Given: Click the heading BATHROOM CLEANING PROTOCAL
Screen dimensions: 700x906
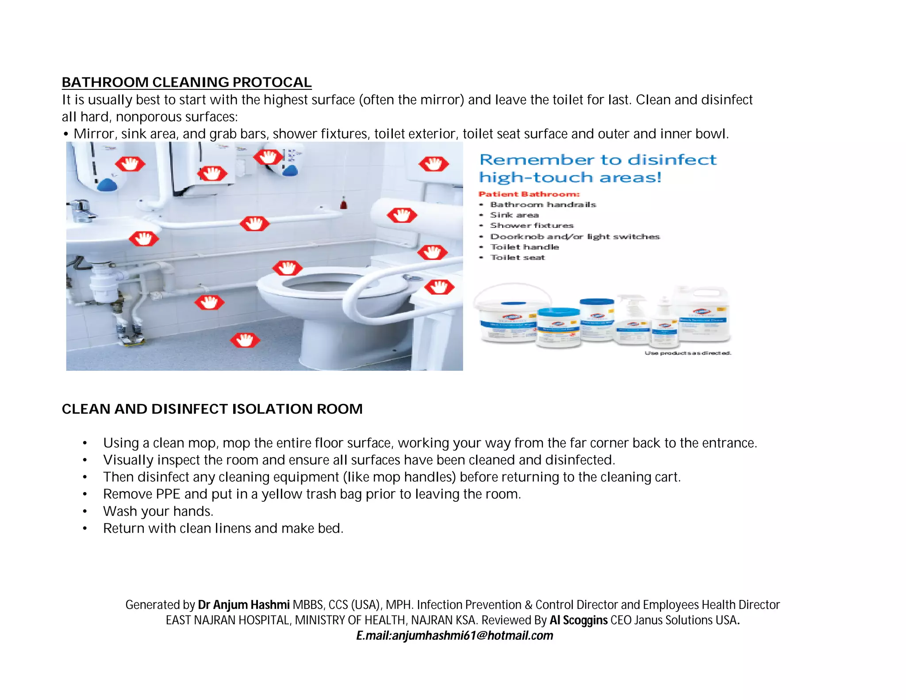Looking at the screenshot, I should [x=186, y=82].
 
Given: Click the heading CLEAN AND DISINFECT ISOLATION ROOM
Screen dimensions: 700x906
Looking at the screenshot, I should [x=212, y=409].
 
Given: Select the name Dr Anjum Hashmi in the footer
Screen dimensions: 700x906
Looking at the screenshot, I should [x=243, y=605].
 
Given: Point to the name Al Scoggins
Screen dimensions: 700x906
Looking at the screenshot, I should [x=578, y=620].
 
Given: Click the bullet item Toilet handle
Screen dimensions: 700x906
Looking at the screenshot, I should [x=524, y=247].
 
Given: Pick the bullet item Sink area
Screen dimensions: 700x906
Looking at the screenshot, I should [x=514, y=215].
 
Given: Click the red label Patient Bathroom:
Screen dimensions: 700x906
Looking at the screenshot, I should [x=529, y=194].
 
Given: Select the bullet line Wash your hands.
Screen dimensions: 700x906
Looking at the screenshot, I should [x=158, y=511].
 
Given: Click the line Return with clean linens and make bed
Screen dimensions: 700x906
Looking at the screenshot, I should [x=223, y=528].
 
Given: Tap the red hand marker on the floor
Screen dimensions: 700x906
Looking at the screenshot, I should [x=245, y=340].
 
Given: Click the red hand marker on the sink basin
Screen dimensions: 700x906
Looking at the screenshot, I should [x=143, y=239].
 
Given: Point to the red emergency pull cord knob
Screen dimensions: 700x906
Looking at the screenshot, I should [x=343, y=204].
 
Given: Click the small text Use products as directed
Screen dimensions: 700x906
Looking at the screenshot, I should [x=687, y=353].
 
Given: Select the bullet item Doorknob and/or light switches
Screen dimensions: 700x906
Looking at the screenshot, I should [x=574, y=237].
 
